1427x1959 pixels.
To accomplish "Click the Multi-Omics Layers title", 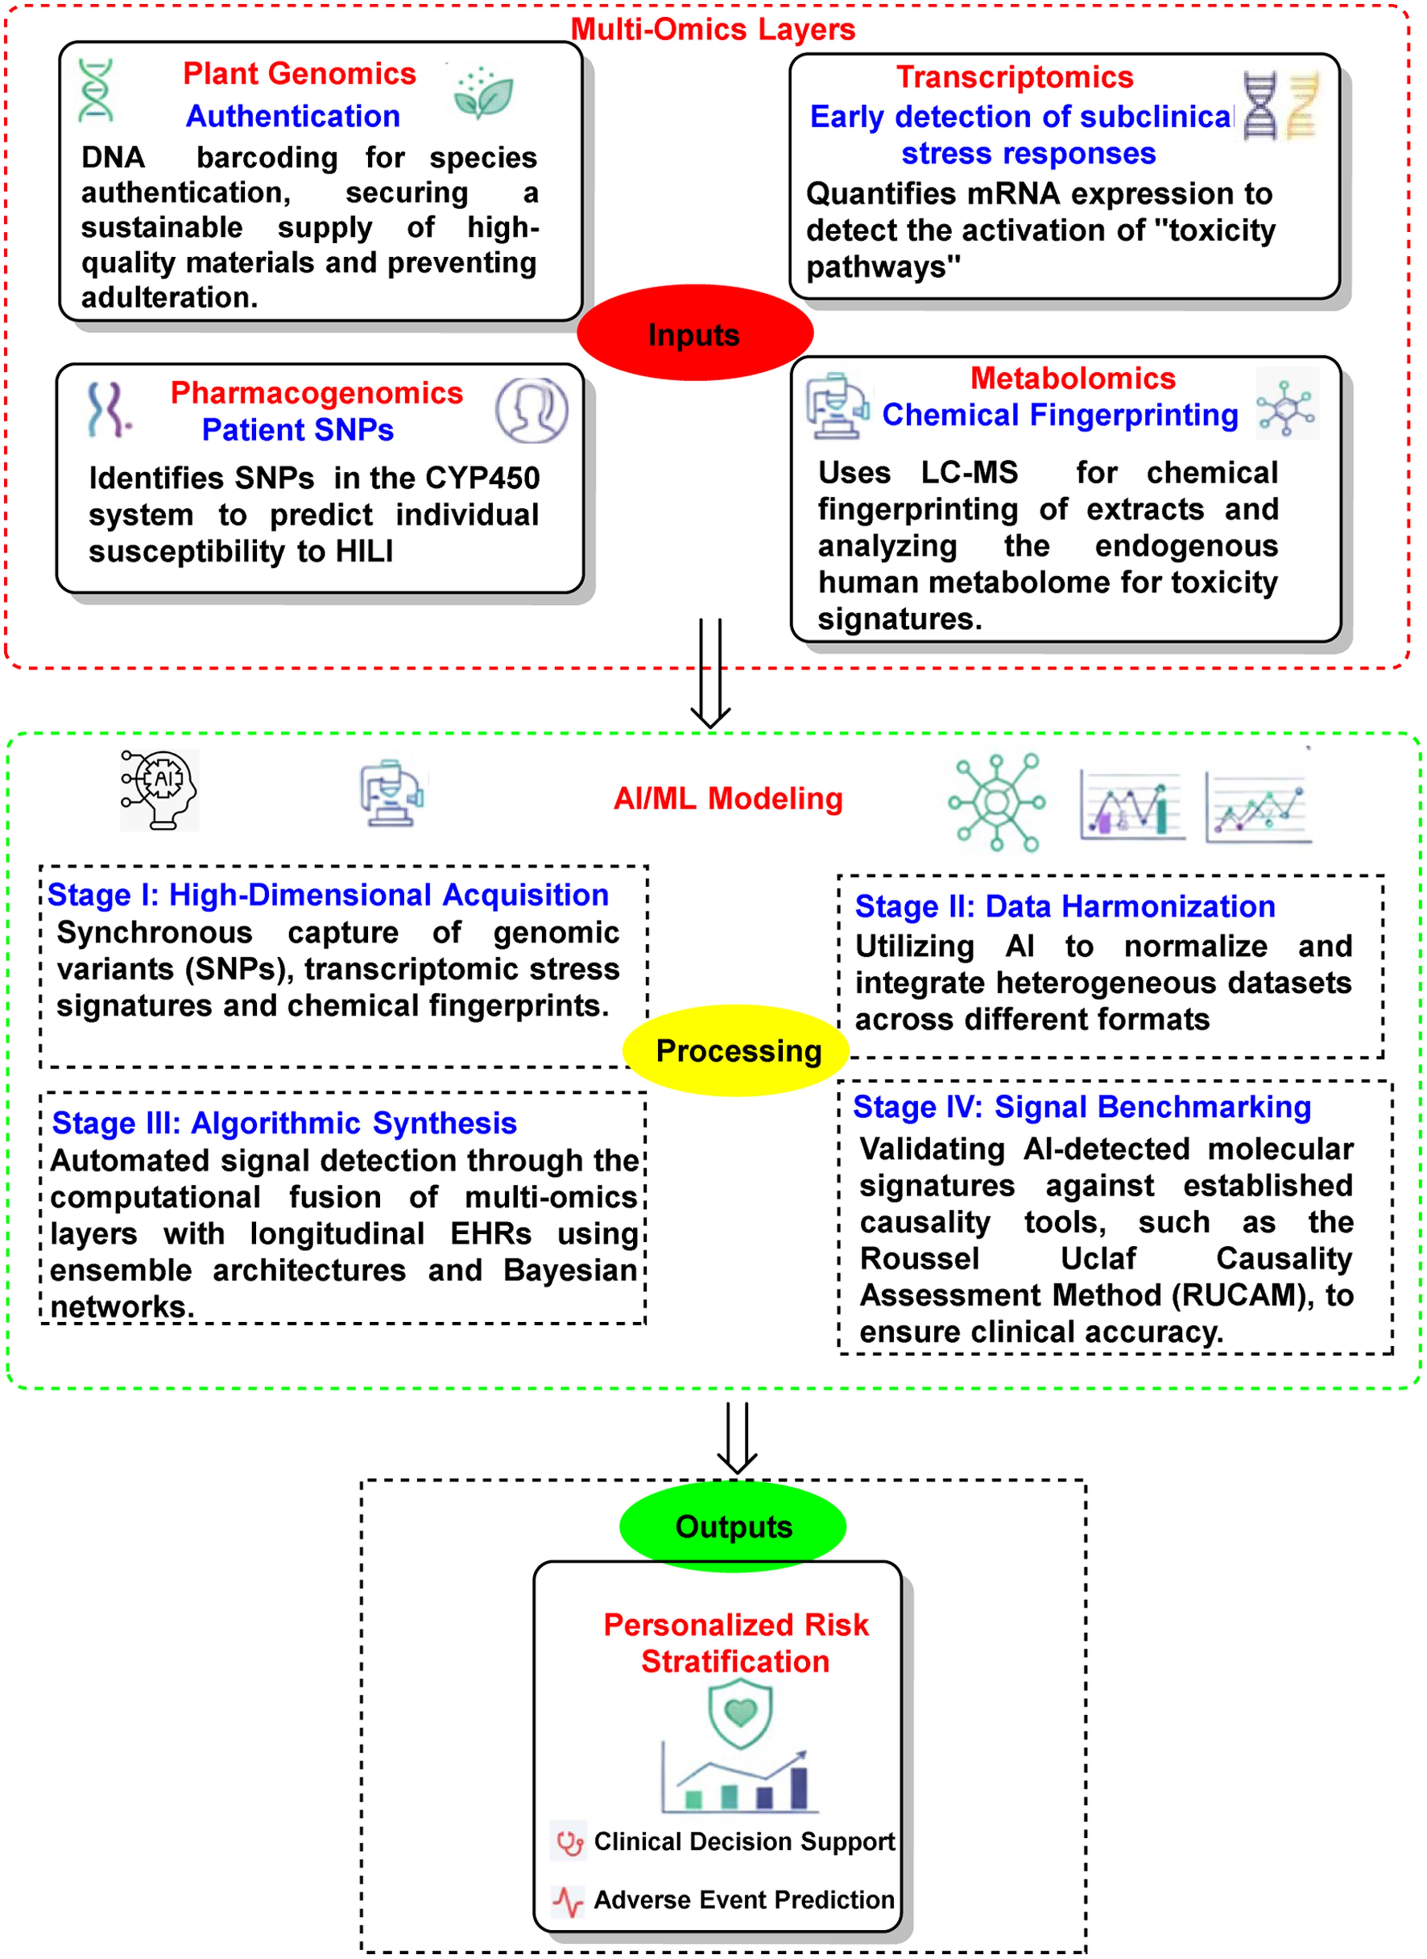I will (712, 29).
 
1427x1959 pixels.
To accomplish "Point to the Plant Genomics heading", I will (299, 74).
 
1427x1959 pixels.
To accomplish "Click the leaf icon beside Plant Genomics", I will (484, 93).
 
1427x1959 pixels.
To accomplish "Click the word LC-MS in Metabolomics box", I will (969, 472).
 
